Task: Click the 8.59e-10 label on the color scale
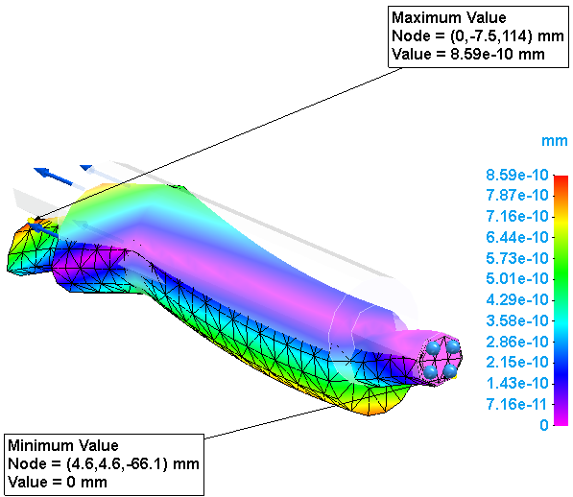(x=517, y=175)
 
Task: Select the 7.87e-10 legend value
(x=517, y=196)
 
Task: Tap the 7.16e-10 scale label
(x=517, y=217)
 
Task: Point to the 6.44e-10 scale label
(x=517, y=237)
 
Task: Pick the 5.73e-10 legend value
(x=517, y=258)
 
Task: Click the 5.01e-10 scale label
(x=517, y=279)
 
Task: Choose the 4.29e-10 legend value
(x=517, y=300)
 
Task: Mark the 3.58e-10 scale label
(x=517, y=321)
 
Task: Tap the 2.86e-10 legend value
(x=517, y=343)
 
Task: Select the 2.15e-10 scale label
(x=517, y=363)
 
